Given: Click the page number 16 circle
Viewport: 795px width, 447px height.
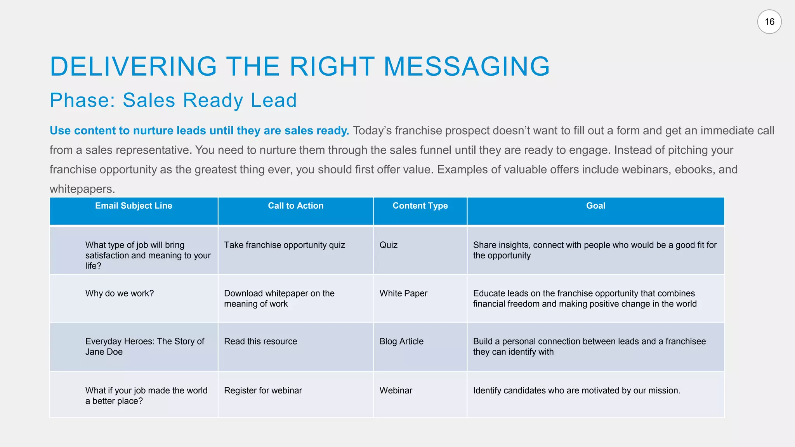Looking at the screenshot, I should click(x=769, y=22).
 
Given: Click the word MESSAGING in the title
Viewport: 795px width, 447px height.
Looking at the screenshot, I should click(x=467, y=66).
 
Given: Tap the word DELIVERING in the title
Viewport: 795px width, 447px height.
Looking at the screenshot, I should click(x=133, y=66).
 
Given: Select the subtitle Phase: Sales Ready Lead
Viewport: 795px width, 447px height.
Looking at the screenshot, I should click(x=173, y=100).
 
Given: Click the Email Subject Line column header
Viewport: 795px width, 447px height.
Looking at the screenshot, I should click(x=134, y=206).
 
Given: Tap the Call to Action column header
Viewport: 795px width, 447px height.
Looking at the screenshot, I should click(x=295, y=206).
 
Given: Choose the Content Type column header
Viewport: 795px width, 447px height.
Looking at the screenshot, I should click(x=420, y=206).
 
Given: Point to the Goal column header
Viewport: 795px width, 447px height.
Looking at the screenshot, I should click(x=595, y=206).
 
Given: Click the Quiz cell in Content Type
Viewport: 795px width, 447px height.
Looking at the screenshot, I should click(x=389, y=245).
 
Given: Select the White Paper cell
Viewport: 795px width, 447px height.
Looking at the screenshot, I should click(x=403, y=294).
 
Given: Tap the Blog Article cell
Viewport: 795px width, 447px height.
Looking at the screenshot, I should click(x=401, y=341).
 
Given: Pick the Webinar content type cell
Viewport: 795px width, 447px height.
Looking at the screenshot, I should click(x=396, y=391).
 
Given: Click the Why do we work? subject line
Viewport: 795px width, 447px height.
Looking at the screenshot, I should click(x=120, y=294).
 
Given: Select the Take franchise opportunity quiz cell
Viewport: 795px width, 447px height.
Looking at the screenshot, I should click(x=285, y=245).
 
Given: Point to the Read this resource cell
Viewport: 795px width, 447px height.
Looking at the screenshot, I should click(x=260, y=341).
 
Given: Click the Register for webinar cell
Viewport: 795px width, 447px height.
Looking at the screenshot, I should click(x=263, y=391).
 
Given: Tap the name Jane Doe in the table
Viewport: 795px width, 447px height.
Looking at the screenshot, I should click(x=104, y=352).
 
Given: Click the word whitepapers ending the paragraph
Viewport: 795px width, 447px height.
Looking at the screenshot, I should click(x=82, y=189).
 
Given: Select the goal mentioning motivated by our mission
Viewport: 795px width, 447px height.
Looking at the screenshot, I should click(x=576, y=391).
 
